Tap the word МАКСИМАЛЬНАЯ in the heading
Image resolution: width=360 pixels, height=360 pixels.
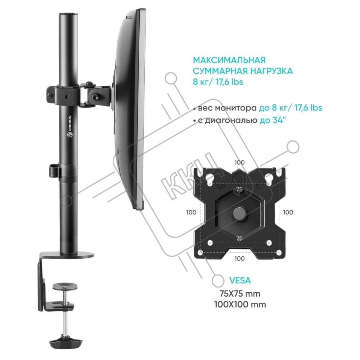[229, 60]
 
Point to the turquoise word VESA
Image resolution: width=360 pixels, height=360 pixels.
[240, 280]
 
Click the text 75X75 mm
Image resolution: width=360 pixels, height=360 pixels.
[240, 294]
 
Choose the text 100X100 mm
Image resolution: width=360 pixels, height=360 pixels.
[240, 305]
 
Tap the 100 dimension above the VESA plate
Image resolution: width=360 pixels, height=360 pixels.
[239, 163]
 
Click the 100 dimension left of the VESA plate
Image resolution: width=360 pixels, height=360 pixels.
[191, 212]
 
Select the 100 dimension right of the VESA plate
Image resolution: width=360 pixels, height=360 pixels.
[288, 212]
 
